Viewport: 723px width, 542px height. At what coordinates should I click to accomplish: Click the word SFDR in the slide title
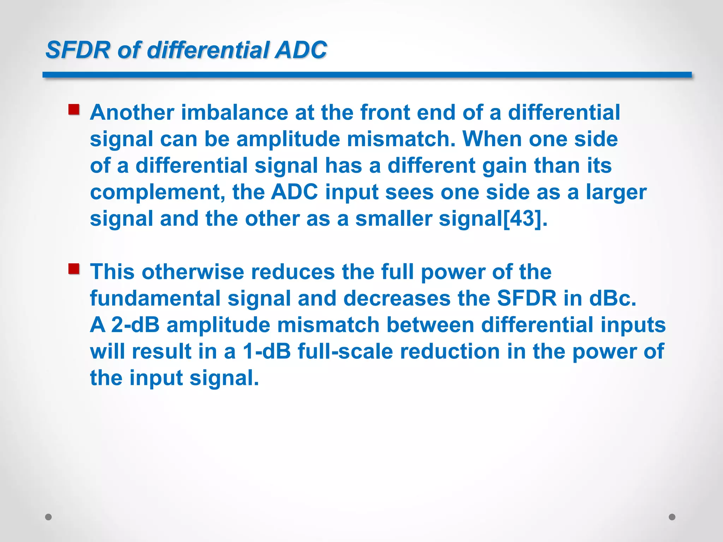(x=78, y=50)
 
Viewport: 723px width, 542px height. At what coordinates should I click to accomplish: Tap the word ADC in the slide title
(x=301, y=50)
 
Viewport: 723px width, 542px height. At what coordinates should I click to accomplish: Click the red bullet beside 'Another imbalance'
(x=74, y=109)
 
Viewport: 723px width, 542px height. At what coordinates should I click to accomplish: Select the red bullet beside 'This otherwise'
(x=74, y=269)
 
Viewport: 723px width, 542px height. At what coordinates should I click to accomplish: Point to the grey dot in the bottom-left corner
(x=49, y=517)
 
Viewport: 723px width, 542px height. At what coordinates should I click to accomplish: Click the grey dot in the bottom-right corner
(x=672, y=517)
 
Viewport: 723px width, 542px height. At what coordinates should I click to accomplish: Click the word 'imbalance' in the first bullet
(x=234, y=113)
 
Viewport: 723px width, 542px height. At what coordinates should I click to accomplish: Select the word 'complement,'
(x=157, y=192)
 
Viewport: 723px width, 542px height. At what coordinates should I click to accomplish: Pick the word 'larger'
(x=616, y=192)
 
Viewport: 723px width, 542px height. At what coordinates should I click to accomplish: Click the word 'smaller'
(x=393, y=219)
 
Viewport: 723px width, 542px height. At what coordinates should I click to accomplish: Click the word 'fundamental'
(x=155, y=299)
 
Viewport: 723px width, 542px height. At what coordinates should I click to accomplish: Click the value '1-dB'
(x=267, y=352)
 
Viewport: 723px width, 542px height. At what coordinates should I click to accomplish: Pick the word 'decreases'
(x=397, y=299)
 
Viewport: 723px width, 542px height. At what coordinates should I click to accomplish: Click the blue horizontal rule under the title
(x=367, y=75)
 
